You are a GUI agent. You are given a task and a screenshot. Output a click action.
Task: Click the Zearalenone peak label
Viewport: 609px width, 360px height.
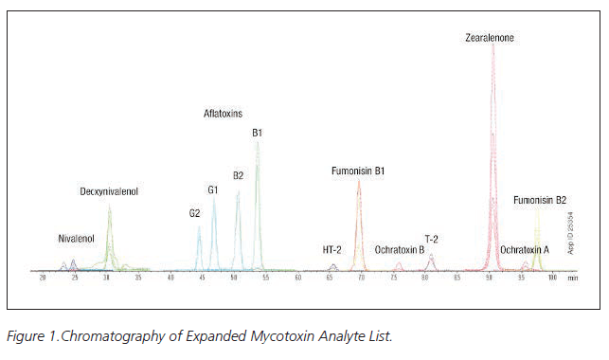click(x=490, y=39)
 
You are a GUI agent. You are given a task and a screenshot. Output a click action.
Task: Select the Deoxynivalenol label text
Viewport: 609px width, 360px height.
click(x=109, y=191)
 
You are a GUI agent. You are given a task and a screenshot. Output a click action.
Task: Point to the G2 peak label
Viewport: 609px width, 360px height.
click(x=194, y=213)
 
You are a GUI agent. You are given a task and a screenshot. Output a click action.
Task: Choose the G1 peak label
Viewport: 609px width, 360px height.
click(x=213, y=189)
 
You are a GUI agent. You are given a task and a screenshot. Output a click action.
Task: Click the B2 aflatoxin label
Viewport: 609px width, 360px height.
click(x=238, y=175)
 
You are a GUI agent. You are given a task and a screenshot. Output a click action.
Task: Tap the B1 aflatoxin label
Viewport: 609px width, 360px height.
click(x=257, y=133)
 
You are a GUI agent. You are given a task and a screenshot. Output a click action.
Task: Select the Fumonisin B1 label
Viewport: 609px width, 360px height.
click(x=357, y=171)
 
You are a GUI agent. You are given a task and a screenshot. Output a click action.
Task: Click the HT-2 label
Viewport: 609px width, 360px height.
click(x=331, y=249)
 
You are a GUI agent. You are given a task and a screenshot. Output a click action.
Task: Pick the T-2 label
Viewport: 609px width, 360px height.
click(x=431, y=239)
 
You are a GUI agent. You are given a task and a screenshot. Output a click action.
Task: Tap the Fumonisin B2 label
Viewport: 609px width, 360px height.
click(x=540, y=200)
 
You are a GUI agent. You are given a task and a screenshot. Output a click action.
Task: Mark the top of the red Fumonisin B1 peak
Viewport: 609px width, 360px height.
click(x=358, y=181)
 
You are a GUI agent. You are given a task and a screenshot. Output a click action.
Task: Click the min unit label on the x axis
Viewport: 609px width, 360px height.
click(x=573, y=279)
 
